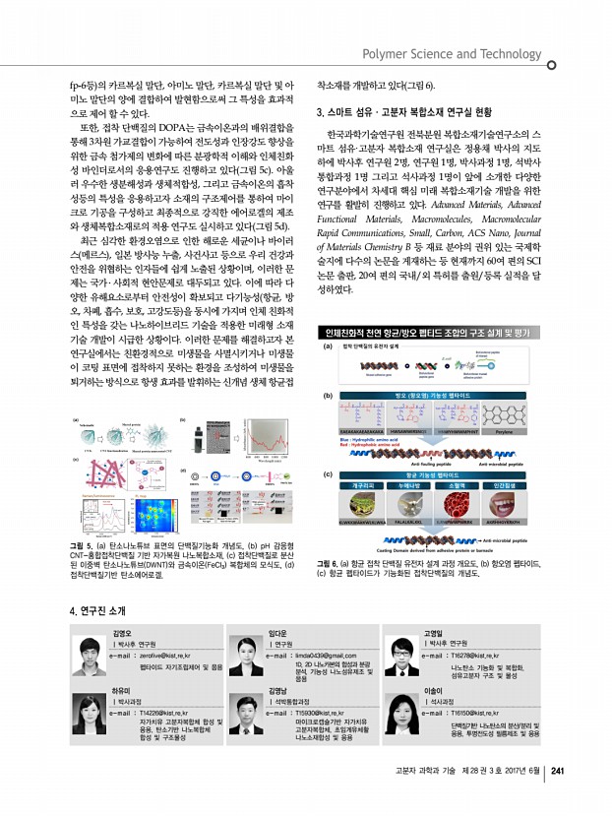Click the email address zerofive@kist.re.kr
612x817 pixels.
pos(155,626)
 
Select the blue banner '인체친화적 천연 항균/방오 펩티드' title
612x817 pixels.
pos(429,332)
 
